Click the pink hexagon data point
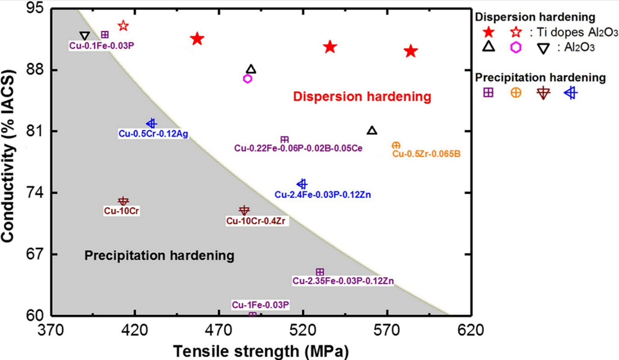pos(248,79)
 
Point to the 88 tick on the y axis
pos(35,71)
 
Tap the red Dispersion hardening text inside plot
pos(361,97)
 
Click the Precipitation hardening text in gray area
pos(159,255)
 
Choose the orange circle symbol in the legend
pos(515,92)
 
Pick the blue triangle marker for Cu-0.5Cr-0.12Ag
pos(151,124)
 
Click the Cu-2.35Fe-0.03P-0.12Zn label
pos(343,281)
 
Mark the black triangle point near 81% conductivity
pos(371,131)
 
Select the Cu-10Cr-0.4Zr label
pos(256,221)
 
